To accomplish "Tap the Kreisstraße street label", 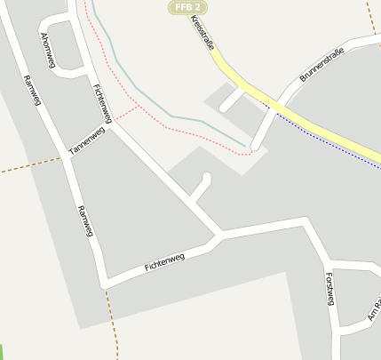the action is [202, 35].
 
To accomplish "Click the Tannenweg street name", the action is [87, 141].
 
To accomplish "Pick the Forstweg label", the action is [329, 288].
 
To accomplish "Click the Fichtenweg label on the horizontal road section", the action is [164, 261].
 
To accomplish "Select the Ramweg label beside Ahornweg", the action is [34, 89].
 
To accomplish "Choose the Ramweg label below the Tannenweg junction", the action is [85, 221].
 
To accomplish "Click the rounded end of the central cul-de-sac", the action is [207, 177].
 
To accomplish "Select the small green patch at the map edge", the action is [2, 351].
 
